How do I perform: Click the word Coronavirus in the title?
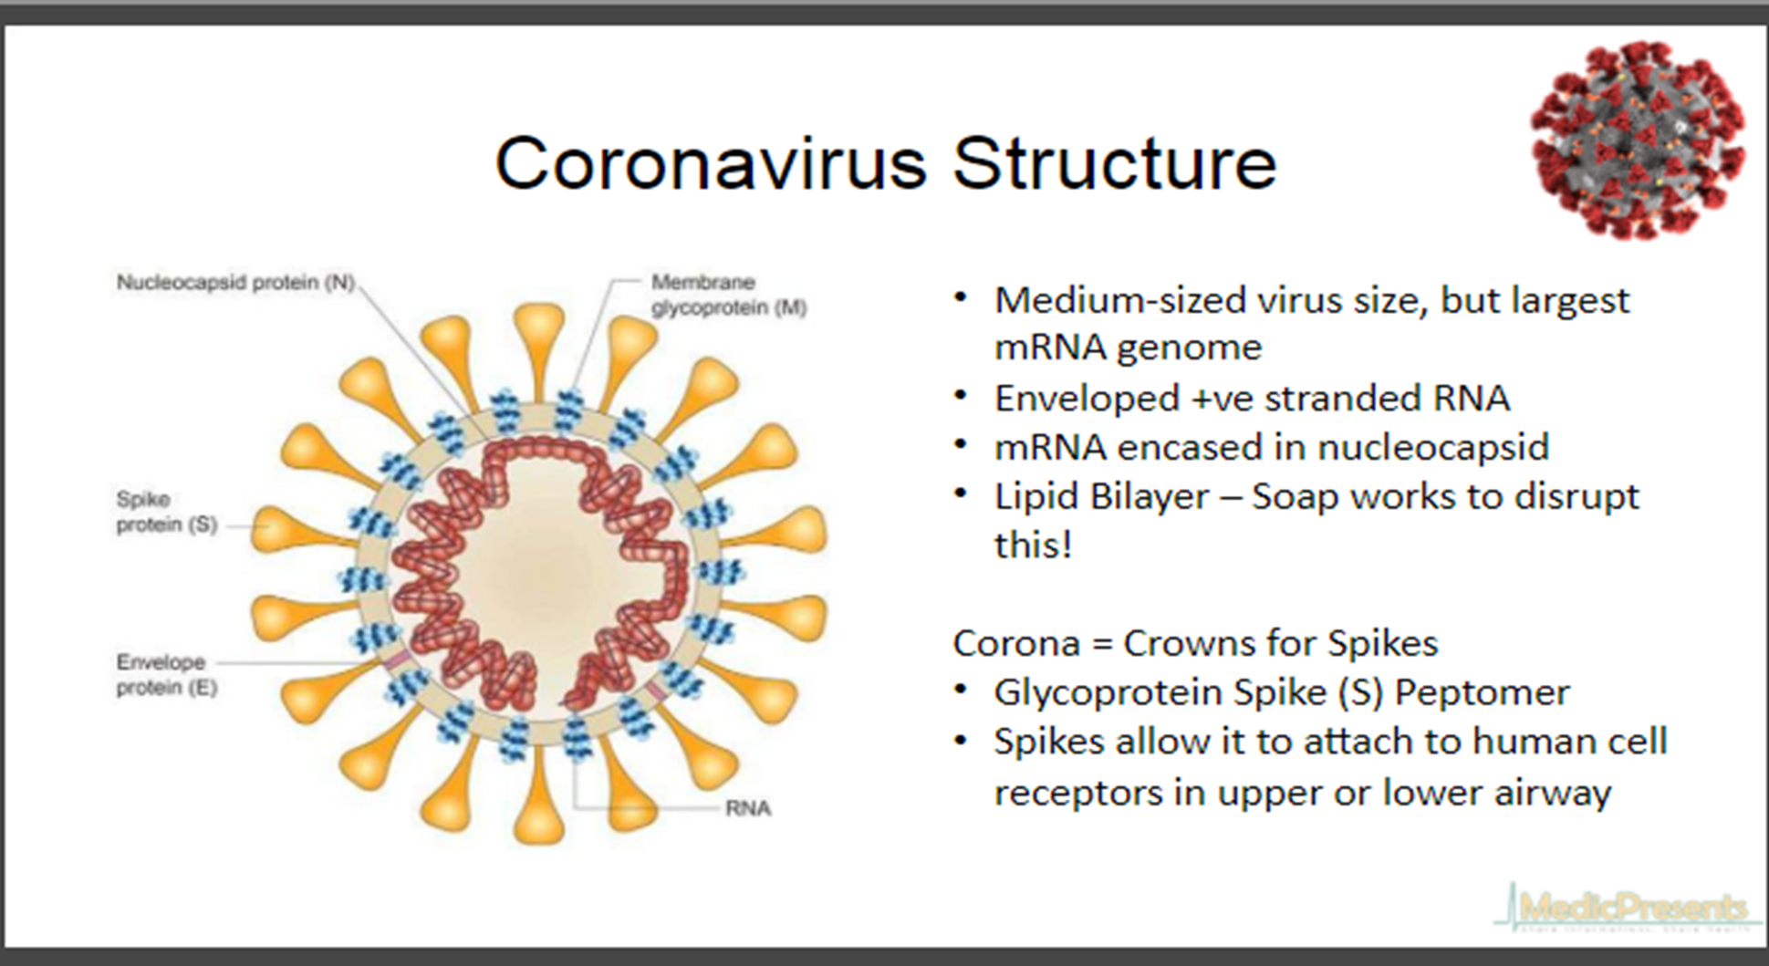click(710, 164)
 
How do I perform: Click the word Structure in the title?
click(1114, 164)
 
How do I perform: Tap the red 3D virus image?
click(1638, 140)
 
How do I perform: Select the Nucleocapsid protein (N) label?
click(235, 282)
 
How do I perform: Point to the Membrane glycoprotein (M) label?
click(727, 295)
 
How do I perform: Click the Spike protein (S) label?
click(166, 512)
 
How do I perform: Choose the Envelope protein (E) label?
click(166, 675)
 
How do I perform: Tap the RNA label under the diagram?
click(747, 808)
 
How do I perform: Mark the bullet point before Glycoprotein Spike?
click(961, 691)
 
